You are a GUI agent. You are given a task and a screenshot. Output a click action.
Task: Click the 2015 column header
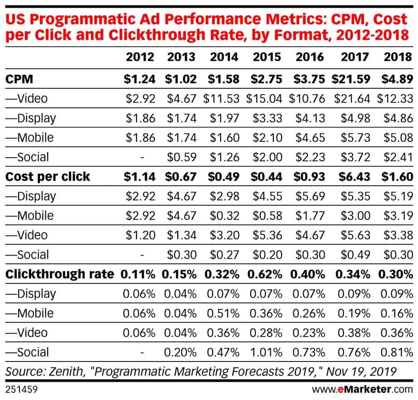pyautogui.click(x=267, y=57)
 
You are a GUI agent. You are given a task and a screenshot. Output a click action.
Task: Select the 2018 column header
pyautogui.click(x=397, y=57)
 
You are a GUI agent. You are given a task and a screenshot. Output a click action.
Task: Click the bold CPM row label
pyautogui.click(x=19, y=79)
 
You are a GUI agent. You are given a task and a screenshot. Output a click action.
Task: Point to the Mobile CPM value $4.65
pyautogui.click(x=310, y=137)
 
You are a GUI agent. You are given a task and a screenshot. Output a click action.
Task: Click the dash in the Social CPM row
pyautogui.click(x=142, y=157)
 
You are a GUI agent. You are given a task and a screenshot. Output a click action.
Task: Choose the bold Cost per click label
pyautogui.click(x=48, y=177)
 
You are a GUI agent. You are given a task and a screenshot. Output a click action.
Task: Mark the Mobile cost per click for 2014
pyautogui.click(x=224, y=216)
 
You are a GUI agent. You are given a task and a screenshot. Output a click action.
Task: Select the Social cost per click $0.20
pyautogui.click(x=267, y=255)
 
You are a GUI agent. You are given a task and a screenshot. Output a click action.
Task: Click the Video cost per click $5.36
pyautogui.click(x=267, y=235)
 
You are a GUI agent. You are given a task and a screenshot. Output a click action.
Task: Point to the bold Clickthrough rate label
pyautogui.click(x=59, y=274)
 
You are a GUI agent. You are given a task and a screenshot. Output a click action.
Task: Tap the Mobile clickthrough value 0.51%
pyautogui.click(x=224, y=313)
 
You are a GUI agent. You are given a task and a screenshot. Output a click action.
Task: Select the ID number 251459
pyautogui.click(x=20, y=389)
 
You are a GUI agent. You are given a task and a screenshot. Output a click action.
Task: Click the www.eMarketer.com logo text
pyautogui.click(x=363, y=389)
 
